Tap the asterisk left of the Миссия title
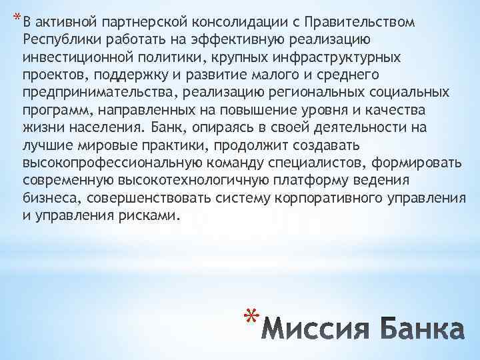coord(249,319)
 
